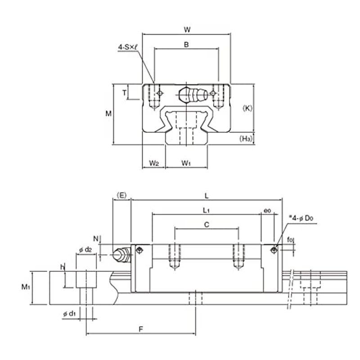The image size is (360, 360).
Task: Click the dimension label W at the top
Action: click(x=187, y=30)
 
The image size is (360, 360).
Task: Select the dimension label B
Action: click(x=187, y=44)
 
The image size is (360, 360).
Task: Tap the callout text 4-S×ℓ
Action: click(x=128, y=46)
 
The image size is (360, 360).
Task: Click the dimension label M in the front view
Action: click(x=108, y=114)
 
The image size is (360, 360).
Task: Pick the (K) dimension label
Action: click(x=247, y=108)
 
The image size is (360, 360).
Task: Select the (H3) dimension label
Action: click(x=246, y=139)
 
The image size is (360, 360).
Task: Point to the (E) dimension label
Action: click(x=122, y=195)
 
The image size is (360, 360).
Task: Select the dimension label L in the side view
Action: click(x=206, y=196)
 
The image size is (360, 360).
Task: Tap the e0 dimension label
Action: click(x=267, y=210)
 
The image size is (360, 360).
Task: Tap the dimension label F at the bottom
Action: click(x=140, y=329)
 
